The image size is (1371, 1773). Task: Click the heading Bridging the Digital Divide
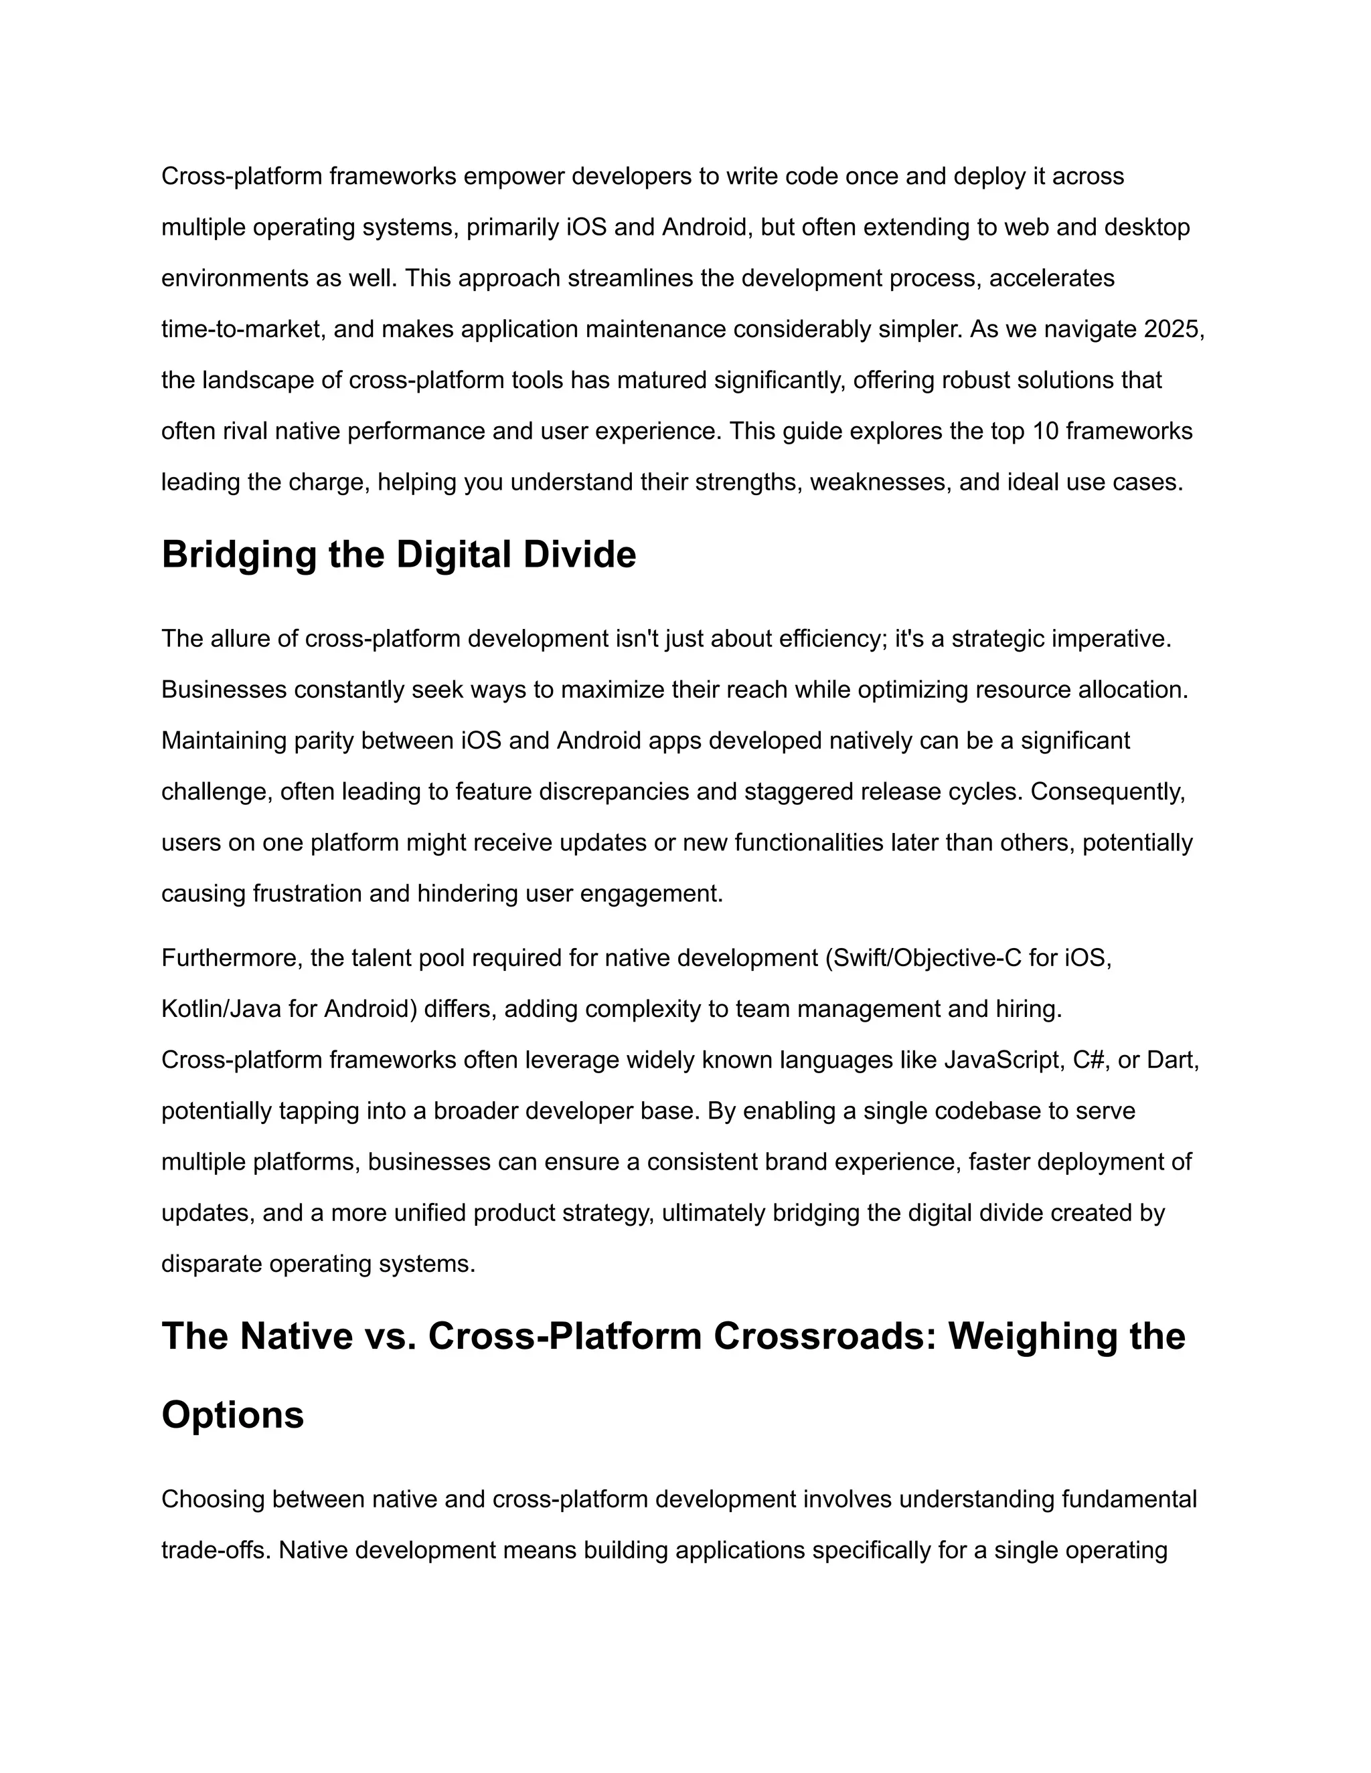(398, 555)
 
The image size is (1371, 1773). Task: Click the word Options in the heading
(232, 1414)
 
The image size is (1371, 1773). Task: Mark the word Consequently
(1108, 791)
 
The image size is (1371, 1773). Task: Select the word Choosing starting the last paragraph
(214, 1499)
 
